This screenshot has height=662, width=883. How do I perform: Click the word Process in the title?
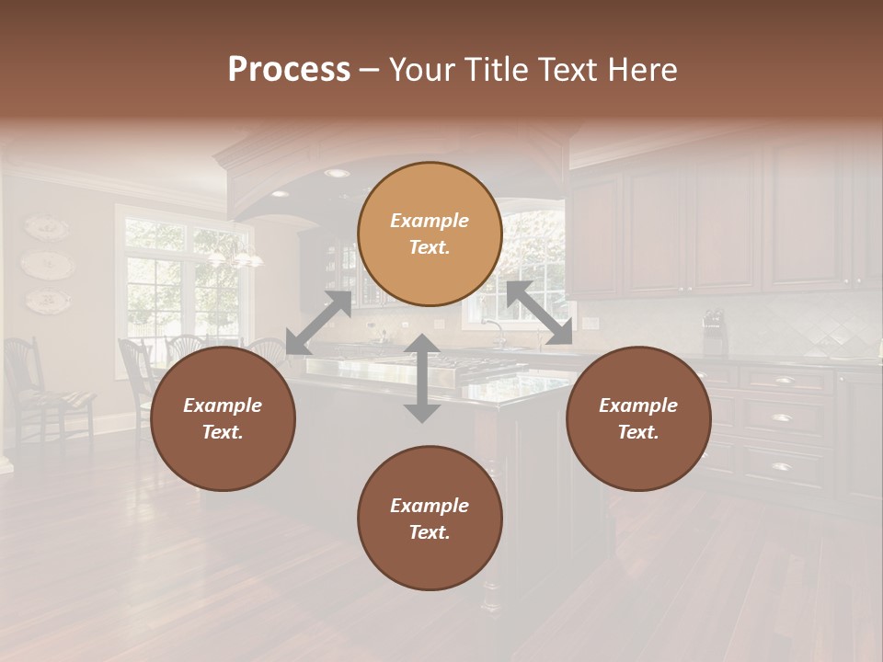pos(289,70)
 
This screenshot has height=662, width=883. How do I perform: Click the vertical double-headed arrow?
pos(422,378)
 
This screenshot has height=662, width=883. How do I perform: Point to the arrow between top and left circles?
pos(318,323)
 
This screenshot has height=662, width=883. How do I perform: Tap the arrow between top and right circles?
pos(539,314)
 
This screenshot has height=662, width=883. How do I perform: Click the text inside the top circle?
pos(430,234)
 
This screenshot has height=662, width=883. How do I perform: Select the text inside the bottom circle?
pos(430,519)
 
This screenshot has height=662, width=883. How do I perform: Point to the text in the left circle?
pos(223,418)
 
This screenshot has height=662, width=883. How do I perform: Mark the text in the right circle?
pos(638,418)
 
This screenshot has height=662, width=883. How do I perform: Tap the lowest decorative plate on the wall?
pos(46,300)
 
